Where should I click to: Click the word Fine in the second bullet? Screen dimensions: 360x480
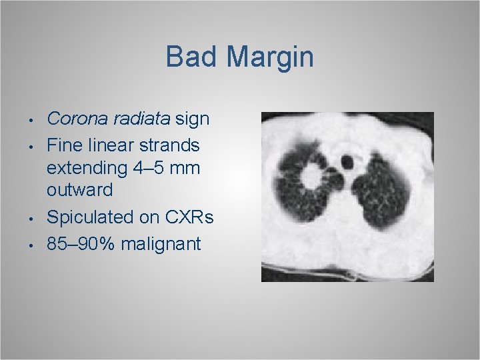(x=65, y=144)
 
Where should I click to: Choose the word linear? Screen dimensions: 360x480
(x=112, y=144)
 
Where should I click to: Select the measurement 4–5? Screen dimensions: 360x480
(x=149, y=168)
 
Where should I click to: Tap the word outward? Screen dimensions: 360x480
(x=79, y=191)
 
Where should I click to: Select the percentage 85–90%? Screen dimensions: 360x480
(x=81, y=244)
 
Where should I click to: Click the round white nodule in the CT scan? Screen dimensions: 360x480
(x=311, y=177)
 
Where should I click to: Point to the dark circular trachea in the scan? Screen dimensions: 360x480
(x=347, y=161)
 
